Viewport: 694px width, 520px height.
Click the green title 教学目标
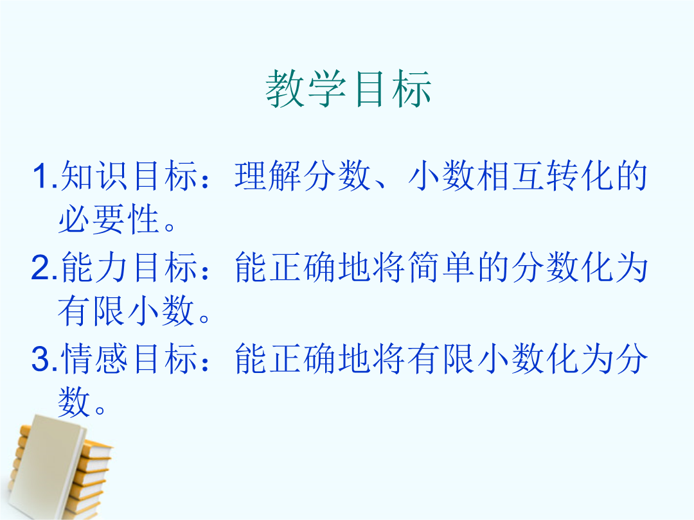[x=348, y=89]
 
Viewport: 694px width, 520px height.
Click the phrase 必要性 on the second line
[x=109, y=219]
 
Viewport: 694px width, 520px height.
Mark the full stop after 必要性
[x=170, y=227]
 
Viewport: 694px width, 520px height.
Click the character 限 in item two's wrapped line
[x=109, y=311]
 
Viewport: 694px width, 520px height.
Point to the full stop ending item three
[x=100, y=410]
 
